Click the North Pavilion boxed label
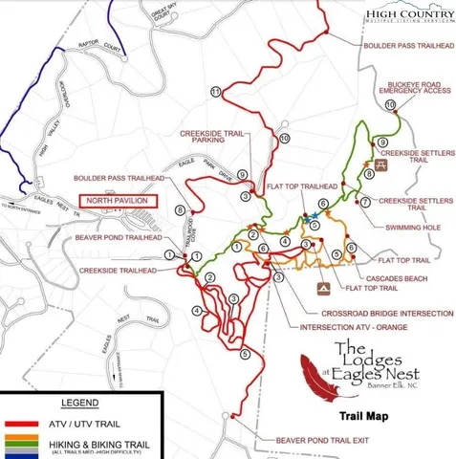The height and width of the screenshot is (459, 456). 116,201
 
